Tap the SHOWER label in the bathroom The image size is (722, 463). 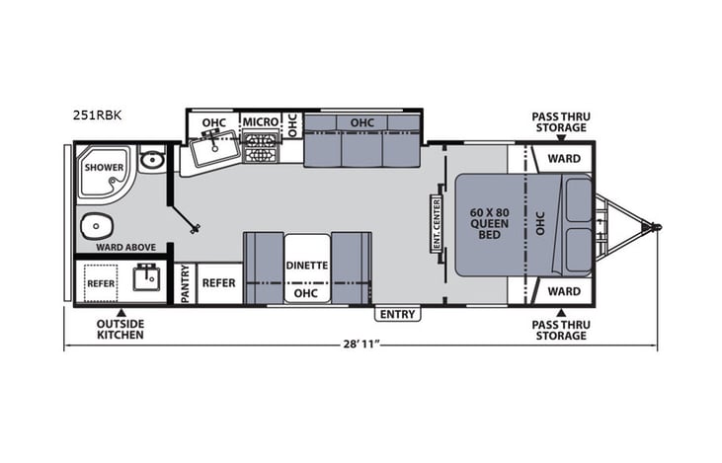coord(103,167)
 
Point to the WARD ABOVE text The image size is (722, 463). coord(120,247)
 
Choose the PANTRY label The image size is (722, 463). coord(186,283)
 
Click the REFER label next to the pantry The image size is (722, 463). coord(218,282)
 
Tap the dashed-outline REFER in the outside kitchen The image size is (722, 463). coord(101,282)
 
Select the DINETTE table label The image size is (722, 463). coord(307,266)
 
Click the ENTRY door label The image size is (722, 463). coord(397,314)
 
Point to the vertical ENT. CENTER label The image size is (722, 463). coord(435,223)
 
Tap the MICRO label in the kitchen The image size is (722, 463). coord(261,121)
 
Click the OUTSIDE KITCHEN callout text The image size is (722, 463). coord(120,330)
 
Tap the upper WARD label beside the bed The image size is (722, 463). coord(564,158)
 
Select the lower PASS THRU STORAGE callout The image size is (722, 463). coord(559,330)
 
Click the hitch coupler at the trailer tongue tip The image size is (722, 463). coord(654,227)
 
